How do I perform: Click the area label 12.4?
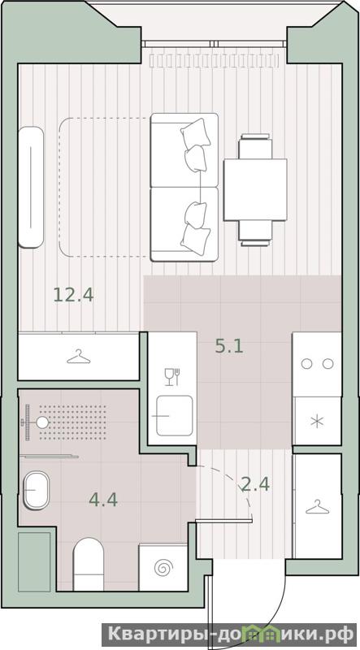[73, 295]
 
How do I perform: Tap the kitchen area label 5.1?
[229, 345]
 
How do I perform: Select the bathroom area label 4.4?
[103, 500]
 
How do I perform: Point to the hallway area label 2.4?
[255, 483]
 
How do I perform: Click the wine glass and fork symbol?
[172, 377]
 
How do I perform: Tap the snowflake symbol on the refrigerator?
[317, 422]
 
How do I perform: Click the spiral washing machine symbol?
[163, 567]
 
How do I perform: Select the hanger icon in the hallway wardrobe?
[317, 506]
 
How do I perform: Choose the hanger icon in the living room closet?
[78, 357]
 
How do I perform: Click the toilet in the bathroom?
[89, 564]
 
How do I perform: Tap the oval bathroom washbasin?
[36, 490]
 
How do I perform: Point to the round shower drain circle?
[42, 422]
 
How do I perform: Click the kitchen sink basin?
[174, 415]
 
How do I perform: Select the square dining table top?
[255, 190]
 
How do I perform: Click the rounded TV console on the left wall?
[31, 188]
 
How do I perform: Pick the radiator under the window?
[214, 60]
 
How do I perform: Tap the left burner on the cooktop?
[306, 364]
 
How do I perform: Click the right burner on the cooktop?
[328, 364]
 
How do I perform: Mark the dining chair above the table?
[255, 146]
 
